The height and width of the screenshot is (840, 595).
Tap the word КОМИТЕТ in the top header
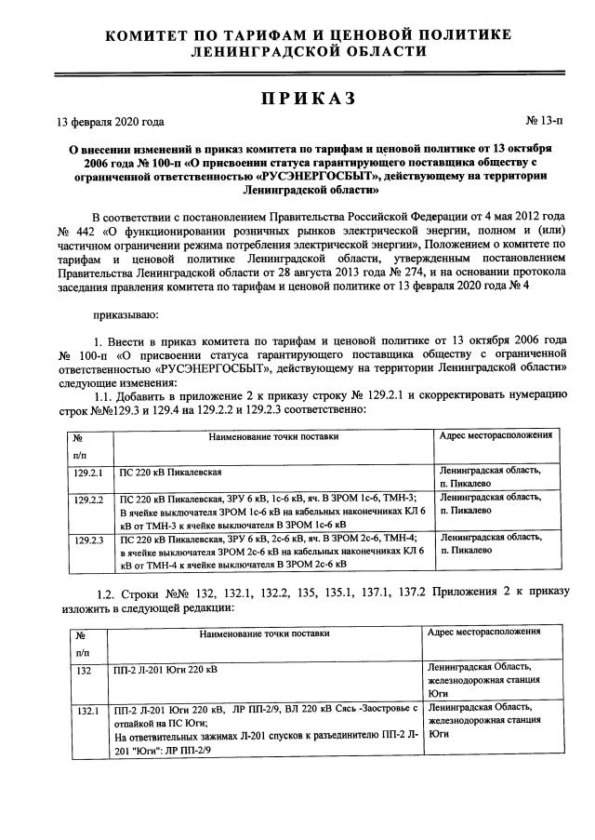coord(156,35)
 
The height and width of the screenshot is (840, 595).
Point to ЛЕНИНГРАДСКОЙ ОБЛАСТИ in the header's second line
coord(309,52)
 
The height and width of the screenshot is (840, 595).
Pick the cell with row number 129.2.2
coord(90,498)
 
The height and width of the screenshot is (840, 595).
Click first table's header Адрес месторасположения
coord(496,434)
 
